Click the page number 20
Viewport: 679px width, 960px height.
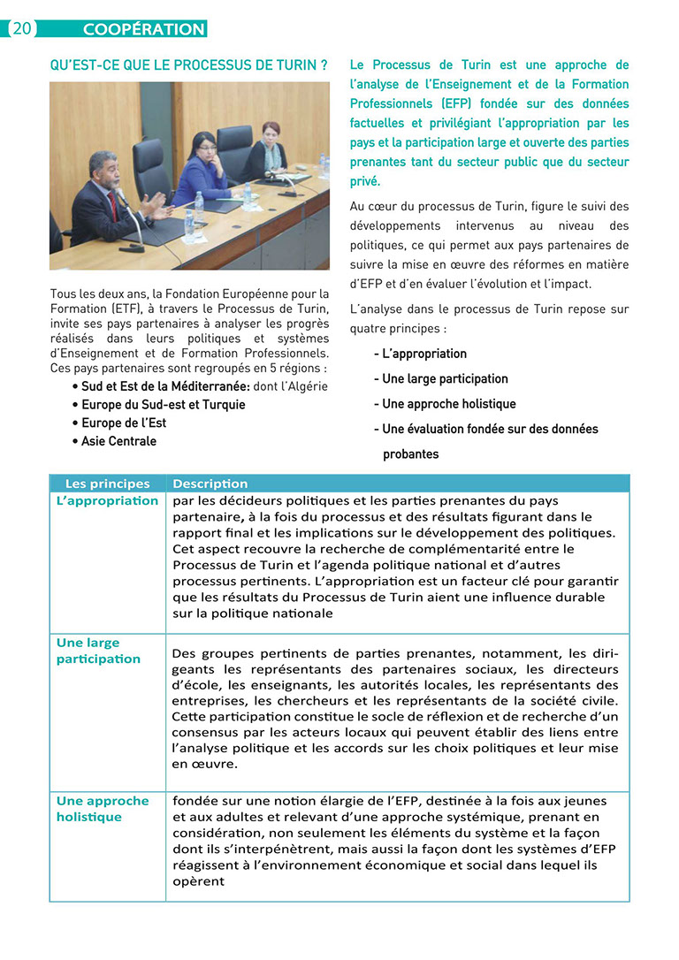(21, 28)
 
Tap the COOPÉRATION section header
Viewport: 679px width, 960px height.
(143, 29)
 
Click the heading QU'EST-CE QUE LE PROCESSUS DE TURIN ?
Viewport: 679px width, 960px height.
(189, 65)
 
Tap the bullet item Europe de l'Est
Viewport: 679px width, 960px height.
(123, 423)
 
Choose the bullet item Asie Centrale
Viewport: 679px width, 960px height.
(118, 441)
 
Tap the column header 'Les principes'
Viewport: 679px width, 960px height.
(108, 484)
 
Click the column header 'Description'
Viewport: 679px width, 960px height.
(210, 484)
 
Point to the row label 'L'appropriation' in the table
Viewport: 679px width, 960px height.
(107, 500)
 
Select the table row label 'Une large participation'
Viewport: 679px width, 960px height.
(98, 651)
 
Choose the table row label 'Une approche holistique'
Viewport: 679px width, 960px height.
(103, 809)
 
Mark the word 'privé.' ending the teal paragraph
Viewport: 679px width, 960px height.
(365, 181)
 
